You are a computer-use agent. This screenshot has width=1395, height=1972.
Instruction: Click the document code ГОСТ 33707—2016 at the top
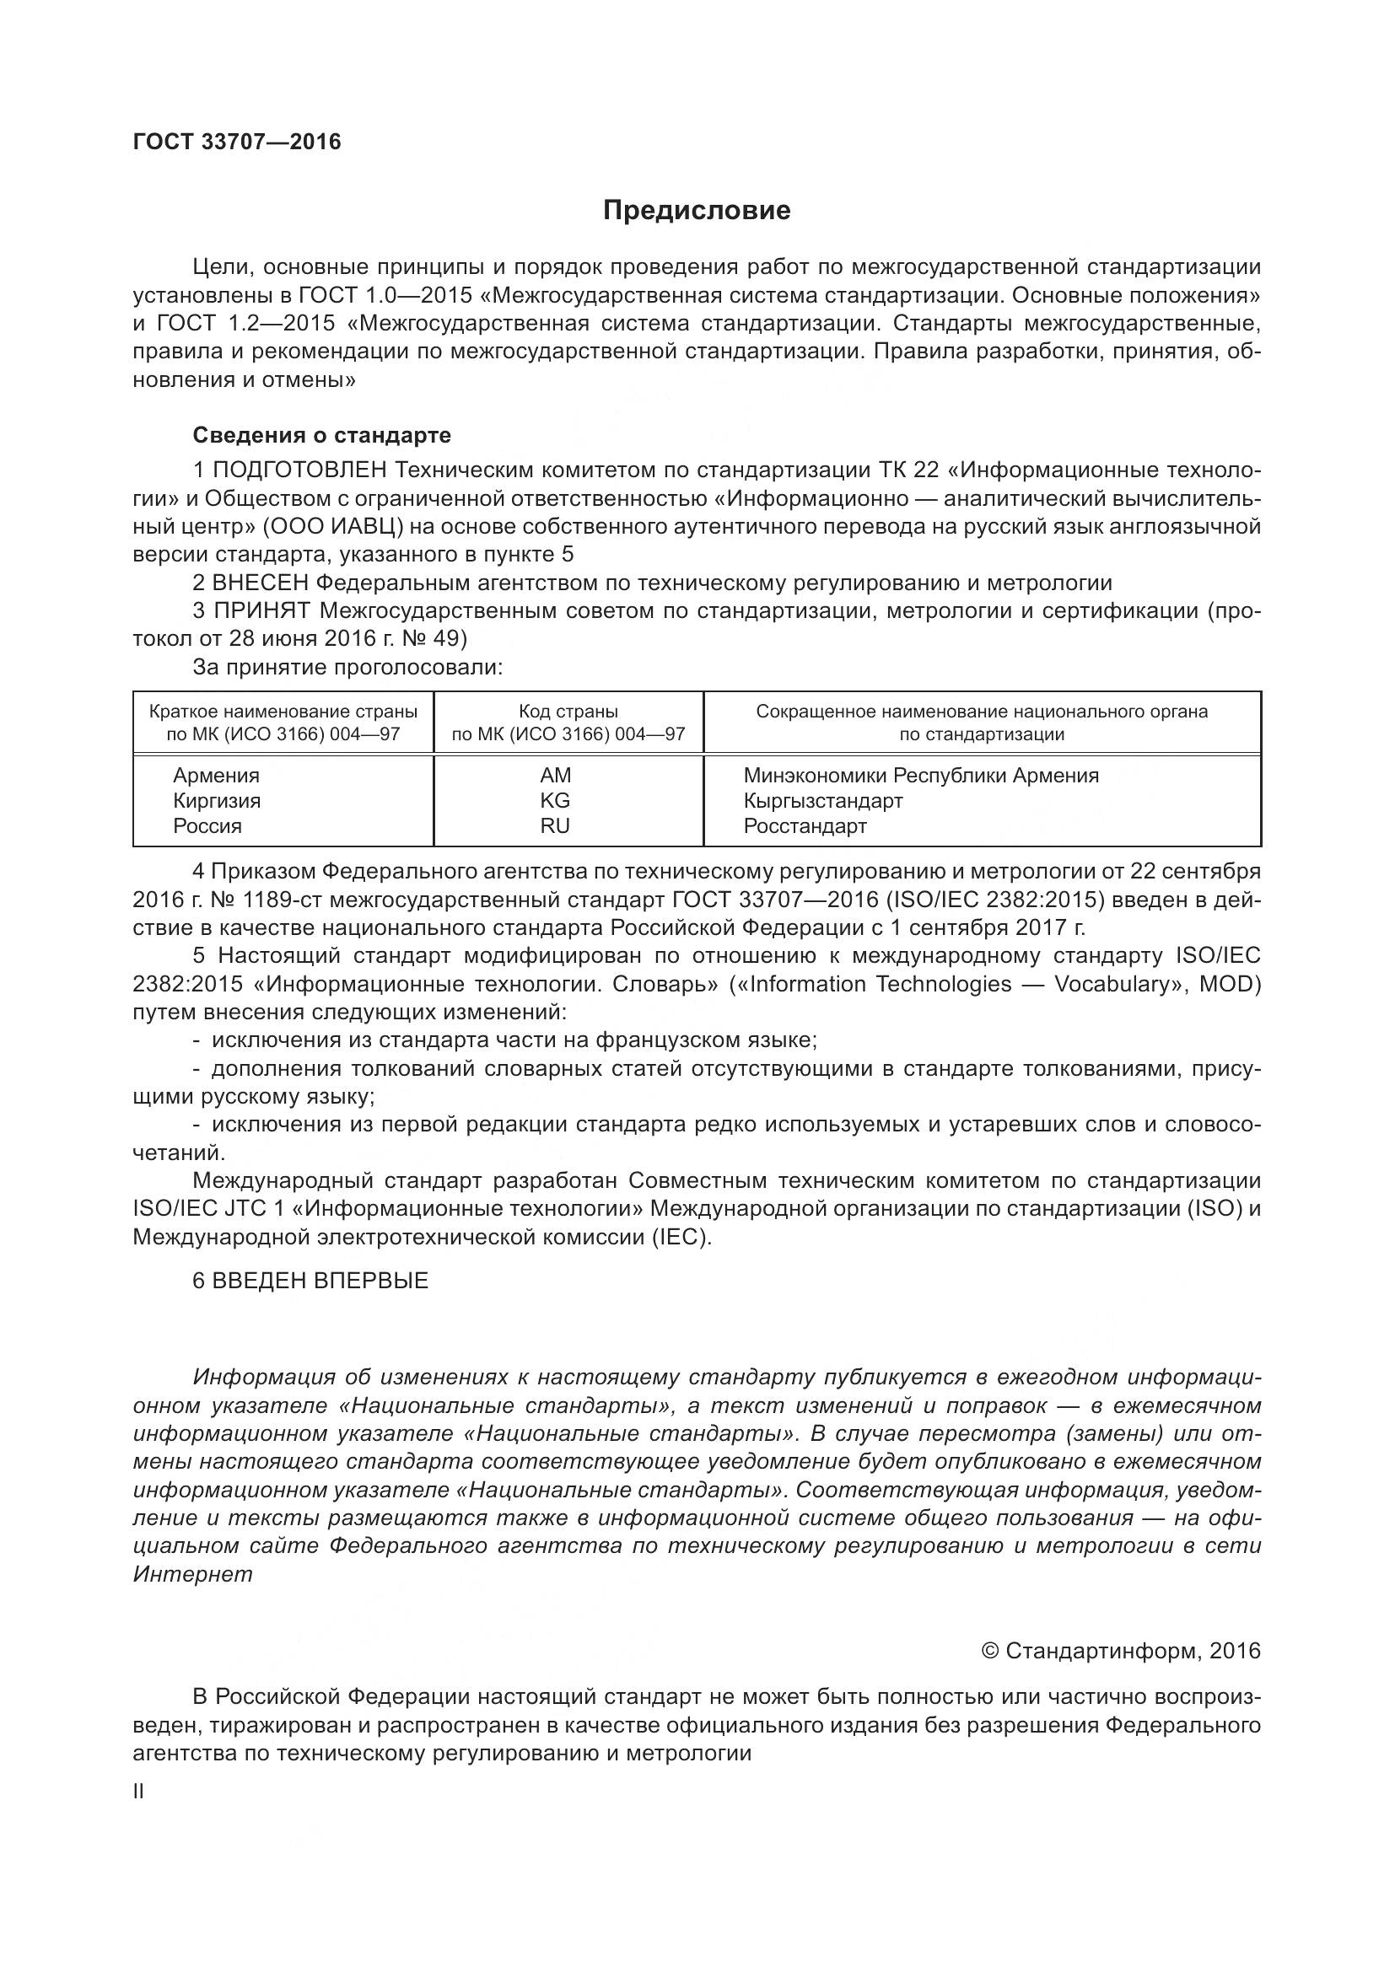pyautogui.click(x=237, y=142)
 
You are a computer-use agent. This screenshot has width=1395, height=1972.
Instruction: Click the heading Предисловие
pyautogui.click(x=696, y=211)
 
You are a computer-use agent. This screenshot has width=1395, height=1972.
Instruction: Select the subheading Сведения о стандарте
pyautogui.click(x=321, y=435)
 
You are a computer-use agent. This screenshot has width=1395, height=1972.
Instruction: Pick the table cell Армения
pyautogui.click(x=217, y=776)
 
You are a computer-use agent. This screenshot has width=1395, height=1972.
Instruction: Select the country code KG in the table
pyautogui.click(x=555, y=800)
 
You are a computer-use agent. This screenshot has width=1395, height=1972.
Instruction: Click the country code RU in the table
pyautogui.click(x=555, y=826)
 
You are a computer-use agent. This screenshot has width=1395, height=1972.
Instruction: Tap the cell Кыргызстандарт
pyautogui.click(x=823, y=800)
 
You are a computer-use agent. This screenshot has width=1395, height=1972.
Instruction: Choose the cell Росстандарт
pyautogui.click(x=805, y=826)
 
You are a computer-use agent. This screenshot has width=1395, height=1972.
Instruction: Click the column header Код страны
pyautogui.click(x=568, y=712)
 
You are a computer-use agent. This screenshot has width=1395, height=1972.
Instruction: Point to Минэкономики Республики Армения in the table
pyautogui.click(x=921, y=776)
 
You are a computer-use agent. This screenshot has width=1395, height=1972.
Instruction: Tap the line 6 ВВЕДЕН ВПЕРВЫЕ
pyautogui.click(x=310, y=1282)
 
